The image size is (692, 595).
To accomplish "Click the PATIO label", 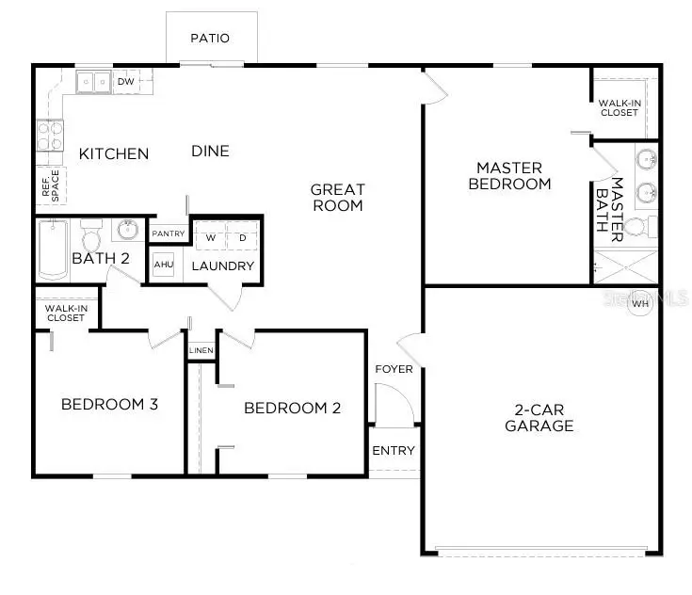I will click(x=210, y=39).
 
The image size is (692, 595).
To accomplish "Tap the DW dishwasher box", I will click(x=126, y=82).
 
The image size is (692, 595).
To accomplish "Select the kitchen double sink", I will click(x=93, y=82).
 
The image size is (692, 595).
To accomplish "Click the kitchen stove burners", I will click(x=49, y=137).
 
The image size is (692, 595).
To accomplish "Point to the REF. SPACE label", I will click(x=50, y=185).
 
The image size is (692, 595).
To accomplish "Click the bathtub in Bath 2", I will click(x=53, y=249).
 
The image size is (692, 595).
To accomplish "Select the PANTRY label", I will click(x=169, y=233).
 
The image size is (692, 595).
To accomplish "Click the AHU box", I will click(x=163, y=266).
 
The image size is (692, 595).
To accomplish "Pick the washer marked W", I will click(x=211, y=238).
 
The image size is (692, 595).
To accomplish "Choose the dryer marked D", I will click(x=241, y=238).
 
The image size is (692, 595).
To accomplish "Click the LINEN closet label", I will click(x=201, y=351).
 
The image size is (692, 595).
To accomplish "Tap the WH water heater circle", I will click(x=641, y=303).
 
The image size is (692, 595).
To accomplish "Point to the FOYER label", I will click(x=394, y=369).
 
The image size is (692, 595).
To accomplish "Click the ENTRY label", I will click(x=393, y=451).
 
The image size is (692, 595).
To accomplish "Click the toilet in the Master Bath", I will click(x=643, y=227).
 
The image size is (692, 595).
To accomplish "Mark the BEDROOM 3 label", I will click(x=108, y=405).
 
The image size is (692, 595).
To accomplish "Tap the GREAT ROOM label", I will click(x=337, y=198).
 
